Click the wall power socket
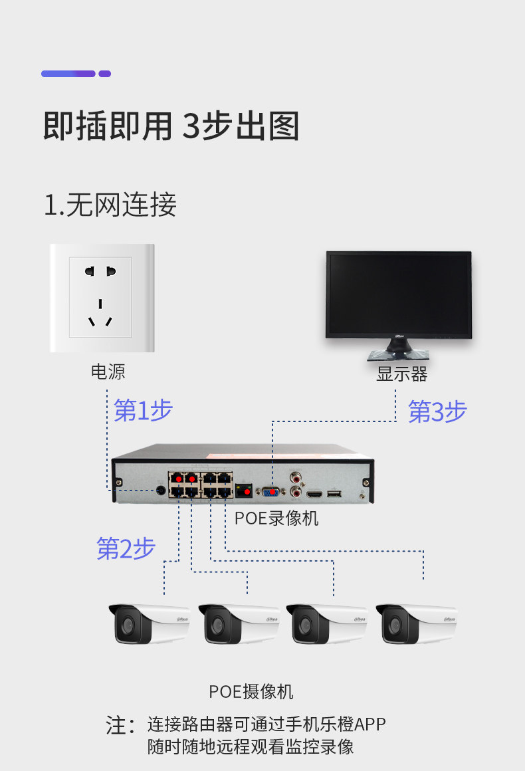point(101,298)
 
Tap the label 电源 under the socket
point(108,372)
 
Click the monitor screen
point(399,294)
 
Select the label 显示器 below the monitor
point(401,374)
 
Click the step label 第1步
point(143,411)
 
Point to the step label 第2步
point(126,548)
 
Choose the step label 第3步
point(437,412)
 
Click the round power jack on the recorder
point(160,491)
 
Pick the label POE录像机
point(276,518)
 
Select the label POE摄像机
point(251,691)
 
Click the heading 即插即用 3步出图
point(171,126)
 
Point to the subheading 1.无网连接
point(110,205)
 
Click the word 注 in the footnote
point(116,725)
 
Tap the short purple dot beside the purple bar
point(105,74)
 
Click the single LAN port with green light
point(245,492)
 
